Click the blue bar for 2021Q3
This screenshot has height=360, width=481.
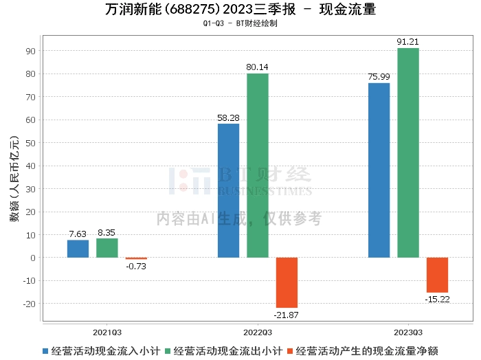(x=78, y=249)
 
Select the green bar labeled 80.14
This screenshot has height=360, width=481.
(x=258, y=165)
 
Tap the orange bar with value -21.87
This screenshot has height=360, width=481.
(x=287, y=282)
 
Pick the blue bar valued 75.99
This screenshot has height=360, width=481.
(x=379, y=170)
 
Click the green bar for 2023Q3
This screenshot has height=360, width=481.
(x=407, y=153)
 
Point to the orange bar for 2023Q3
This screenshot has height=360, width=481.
(x=437, y=275)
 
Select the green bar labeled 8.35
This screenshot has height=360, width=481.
(x=107, y=248)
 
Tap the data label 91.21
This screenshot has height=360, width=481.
(x=408, y=42)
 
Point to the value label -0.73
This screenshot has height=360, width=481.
(x=136, y=267)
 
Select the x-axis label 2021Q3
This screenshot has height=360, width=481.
(x=107, y=331)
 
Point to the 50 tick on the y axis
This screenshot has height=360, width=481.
(x=32, y=143)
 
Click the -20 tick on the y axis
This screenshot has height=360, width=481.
(x=30, y=304)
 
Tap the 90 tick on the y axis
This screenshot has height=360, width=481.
(x=32, y=51)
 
